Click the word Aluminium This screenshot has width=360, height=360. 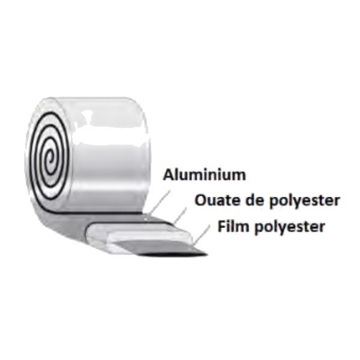coord(205,175)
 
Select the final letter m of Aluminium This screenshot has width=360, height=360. coord(240,176)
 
